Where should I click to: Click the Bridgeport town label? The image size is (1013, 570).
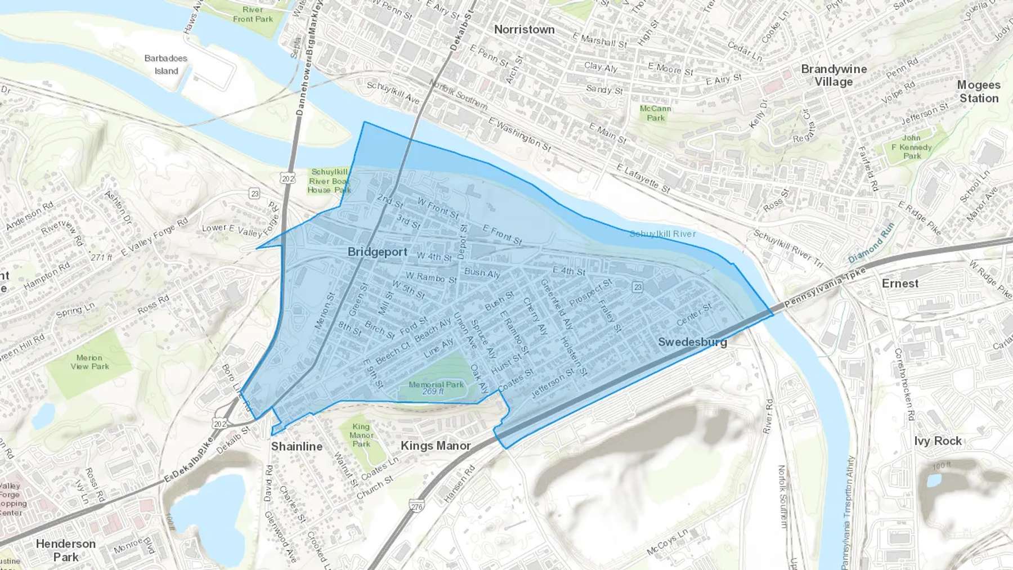pyautogui.click(x=377, y=252)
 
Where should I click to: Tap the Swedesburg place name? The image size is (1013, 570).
pyautogui.click(x=692, y=342)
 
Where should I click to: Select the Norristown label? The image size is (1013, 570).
pyautogui.click(x=524, y=29)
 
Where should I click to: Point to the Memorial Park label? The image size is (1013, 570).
pyautogui.click(x=436, y=388)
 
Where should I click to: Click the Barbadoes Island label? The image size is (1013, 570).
pyautogui.click(x=165, y=64)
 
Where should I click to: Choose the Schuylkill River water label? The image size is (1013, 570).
pyautogui.click(x=662, y=234)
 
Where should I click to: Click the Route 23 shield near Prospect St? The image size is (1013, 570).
pyautogui.click(x=637, y=287)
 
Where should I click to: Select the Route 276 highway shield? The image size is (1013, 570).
pyautogui.click(x=416, y=506)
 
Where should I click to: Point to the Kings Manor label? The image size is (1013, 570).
pyautogui.click(x=436, y=446)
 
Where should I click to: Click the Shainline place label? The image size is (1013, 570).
pyautogui.click(x=297, y=446)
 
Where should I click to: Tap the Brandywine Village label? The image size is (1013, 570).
pyautogui.click(x=833, y=75)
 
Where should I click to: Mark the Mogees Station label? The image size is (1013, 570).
pyautogui.click(x=979, y=91)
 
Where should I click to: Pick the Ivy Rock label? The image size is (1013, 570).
pyautogui.click(x=938, y=441)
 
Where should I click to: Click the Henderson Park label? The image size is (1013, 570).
pyautogui.click(x=65, y=550)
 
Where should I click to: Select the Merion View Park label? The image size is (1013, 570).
pyautogui.click(x=89, y=362)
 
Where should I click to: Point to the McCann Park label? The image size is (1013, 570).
pyautogui.click(x=655, y=113)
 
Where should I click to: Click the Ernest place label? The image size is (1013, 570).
pyautogui.click(x=900, y=284)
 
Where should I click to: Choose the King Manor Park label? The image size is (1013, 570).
pyautogui.click(x=361, y=435)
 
